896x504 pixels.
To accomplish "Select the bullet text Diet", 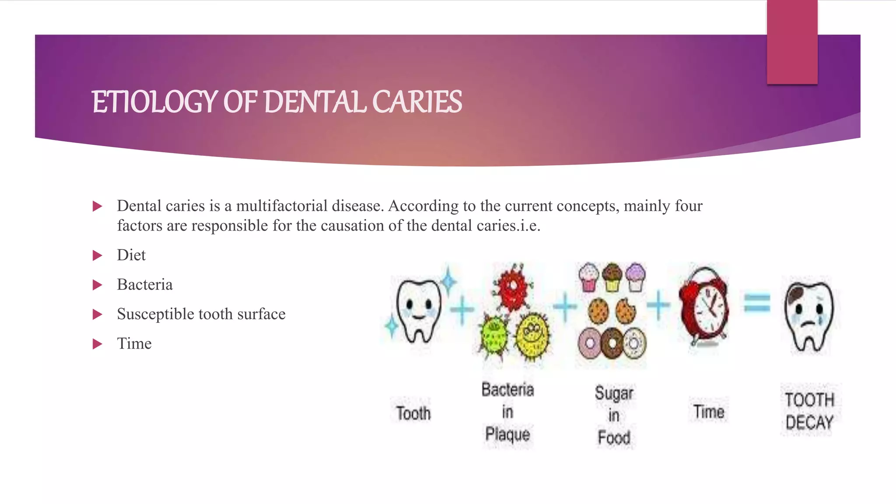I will point(131,255).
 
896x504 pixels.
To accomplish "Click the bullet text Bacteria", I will point(145,285).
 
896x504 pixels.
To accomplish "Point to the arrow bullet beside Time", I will point(97,344).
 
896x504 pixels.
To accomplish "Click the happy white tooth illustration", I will point(418,311).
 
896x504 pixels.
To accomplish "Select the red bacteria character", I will point(512,287).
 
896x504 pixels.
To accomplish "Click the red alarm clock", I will point(704,306).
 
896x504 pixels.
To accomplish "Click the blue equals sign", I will point(757,303).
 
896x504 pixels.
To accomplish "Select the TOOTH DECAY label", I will point(809,411).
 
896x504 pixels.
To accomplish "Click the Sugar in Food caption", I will point(614,415).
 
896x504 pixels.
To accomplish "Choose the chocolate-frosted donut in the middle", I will point(611,343).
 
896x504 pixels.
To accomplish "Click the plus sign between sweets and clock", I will point(658,304).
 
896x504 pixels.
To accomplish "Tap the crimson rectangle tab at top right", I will point(792,42).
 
